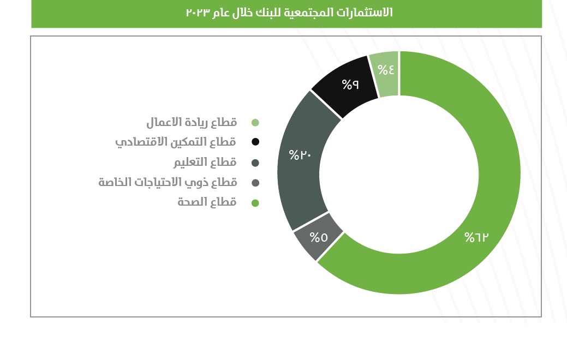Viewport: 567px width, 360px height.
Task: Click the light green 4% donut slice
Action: pyautogui.click(x=385, y=74)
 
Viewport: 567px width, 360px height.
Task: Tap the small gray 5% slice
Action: pyautogui.click(x=317, y=237)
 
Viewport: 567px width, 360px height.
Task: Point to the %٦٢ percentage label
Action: pyautogui.click(x=476, y=237)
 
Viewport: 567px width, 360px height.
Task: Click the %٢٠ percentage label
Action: pyautogui.click(x=300, y=155)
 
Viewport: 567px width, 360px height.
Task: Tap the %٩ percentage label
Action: pyautogui.click(x=350, y=84)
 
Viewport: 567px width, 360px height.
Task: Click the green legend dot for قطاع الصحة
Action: pyautogui.click(x=255, y=203)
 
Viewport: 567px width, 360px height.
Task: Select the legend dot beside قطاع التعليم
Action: pyautogui.click(x=255, y=163)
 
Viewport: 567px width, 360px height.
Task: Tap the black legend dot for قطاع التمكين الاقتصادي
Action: pyautogui.click(x=255, y=142)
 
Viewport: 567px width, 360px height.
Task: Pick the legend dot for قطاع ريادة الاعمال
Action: pyautogui.click(x=255, y=123)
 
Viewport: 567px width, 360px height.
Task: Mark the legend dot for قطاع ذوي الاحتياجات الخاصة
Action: pyautogui.click(x=255, y=183)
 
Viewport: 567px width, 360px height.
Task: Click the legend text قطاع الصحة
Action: pyautogui.click(x=207, y=202)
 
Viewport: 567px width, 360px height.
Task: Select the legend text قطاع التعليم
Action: pyautogui.click(x=205, y=162)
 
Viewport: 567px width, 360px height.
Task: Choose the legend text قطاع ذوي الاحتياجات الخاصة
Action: pyautogui.click(x=168, y=182)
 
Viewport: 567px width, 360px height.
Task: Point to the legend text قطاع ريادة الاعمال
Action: pyautogui.click(x=192, y=122)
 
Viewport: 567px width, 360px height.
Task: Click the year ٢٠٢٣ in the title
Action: pyautogui.click(x=198, y=13)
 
